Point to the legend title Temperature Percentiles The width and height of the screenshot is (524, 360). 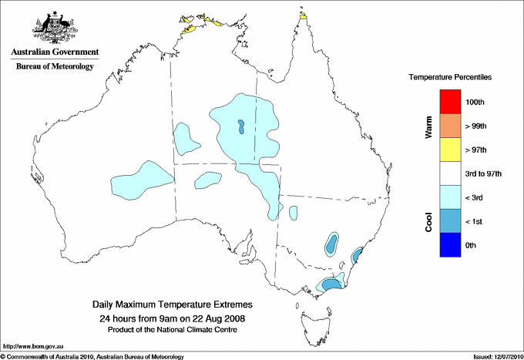(x=450, y=78)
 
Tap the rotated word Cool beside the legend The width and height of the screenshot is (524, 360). (x=428, y=221)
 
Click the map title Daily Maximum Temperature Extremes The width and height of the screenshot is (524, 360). (x=172, y=304)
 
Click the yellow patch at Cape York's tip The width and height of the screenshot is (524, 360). (x=303, y=15)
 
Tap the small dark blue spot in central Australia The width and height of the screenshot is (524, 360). (x=240, y=126)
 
